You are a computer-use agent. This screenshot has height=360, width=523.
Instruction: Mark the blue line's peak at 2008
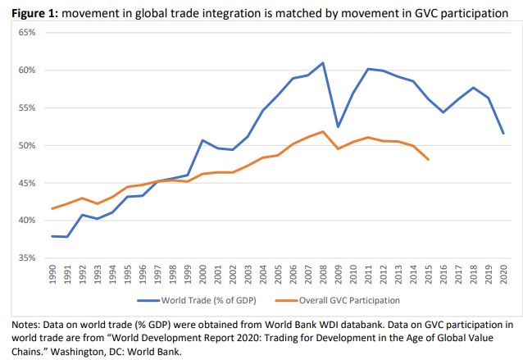pos(323,62)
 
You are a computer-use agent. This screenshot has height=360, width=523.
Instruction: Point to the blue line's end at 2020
pos(503,134)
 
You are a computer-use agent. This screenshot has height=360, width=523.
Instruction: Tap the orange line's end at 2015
pos(428,159)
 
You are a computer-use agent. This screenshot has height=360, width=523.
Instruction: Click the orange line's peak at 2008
pos(323,131)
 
